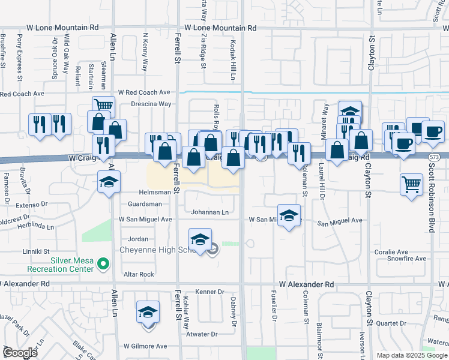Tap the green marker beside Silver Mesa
[x=103, y=263]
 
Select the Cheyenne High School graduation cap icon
[x=200, y=239]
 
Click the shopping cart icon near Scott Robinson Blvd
[x=411, y=184]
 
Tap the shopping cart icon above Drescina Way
[x=103, y=106]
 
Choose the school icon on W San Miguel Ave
[x=289, y=215]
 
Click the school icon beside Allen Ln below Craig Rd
[x=109, y=181]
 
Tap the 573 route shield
[x=433, y=157]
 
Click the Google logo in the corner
[x=20, y=353]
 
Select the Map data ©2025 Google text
[x=412, y=355]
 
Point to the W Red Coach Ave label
[x=144, y=92]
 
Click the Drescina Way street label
[x=151, y=104]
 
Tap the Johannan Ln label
[x=209, y=212]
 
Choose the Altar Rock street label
[x=139, y=274]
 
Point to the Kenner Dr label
[x=210, y=292]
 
